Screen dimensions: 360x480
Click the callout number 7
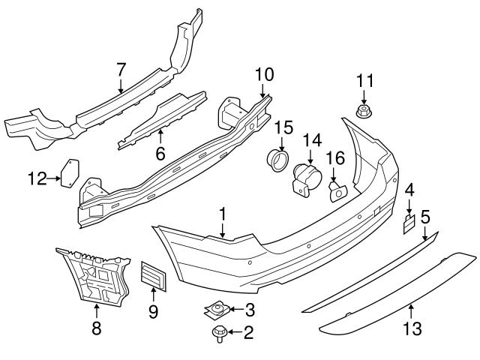tap(121, 70)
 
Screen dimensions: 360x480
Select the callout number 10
tap(265, 74)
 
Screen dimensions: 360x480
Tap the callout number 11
tap(364, 80)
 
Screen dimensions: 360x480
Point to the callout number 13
tap(412, 329)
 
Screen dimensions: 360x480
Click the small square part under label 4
tap(409, 222)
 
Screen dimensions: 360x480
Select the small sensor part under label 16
tap(337, 192)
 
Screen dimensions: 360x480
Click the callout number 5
tap(424, 218)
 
